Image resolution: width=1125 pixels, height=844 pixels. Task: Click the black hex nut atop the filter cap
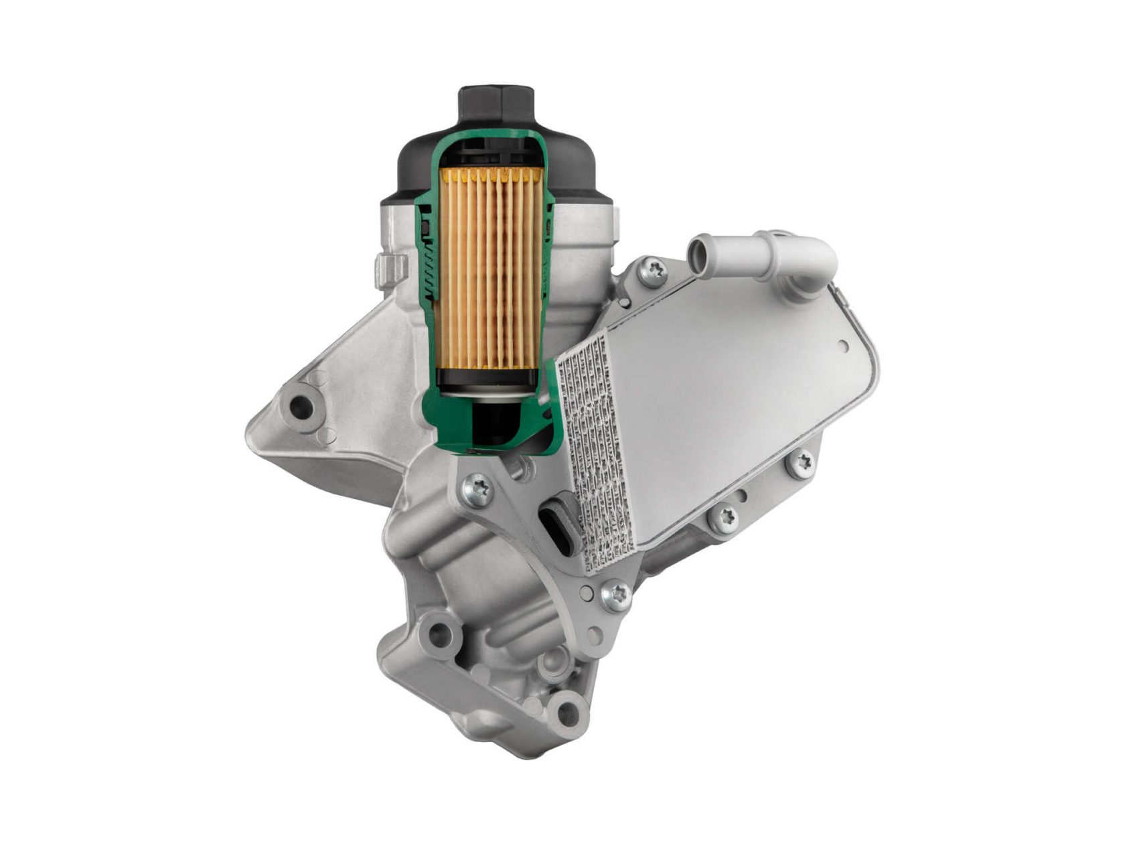pos(496,104)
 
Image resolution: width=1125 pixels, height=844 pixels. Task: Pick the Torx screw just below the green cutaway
pos(479,489)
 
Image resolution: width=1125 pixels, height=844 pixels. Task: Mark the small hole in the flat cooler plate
pos(842,346)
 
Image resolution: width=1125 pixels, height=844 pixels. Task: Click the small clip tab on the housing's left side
pos(388,271)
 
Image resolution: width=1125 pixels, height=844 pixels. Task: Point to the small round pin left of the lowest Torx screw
pos(587,591)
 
